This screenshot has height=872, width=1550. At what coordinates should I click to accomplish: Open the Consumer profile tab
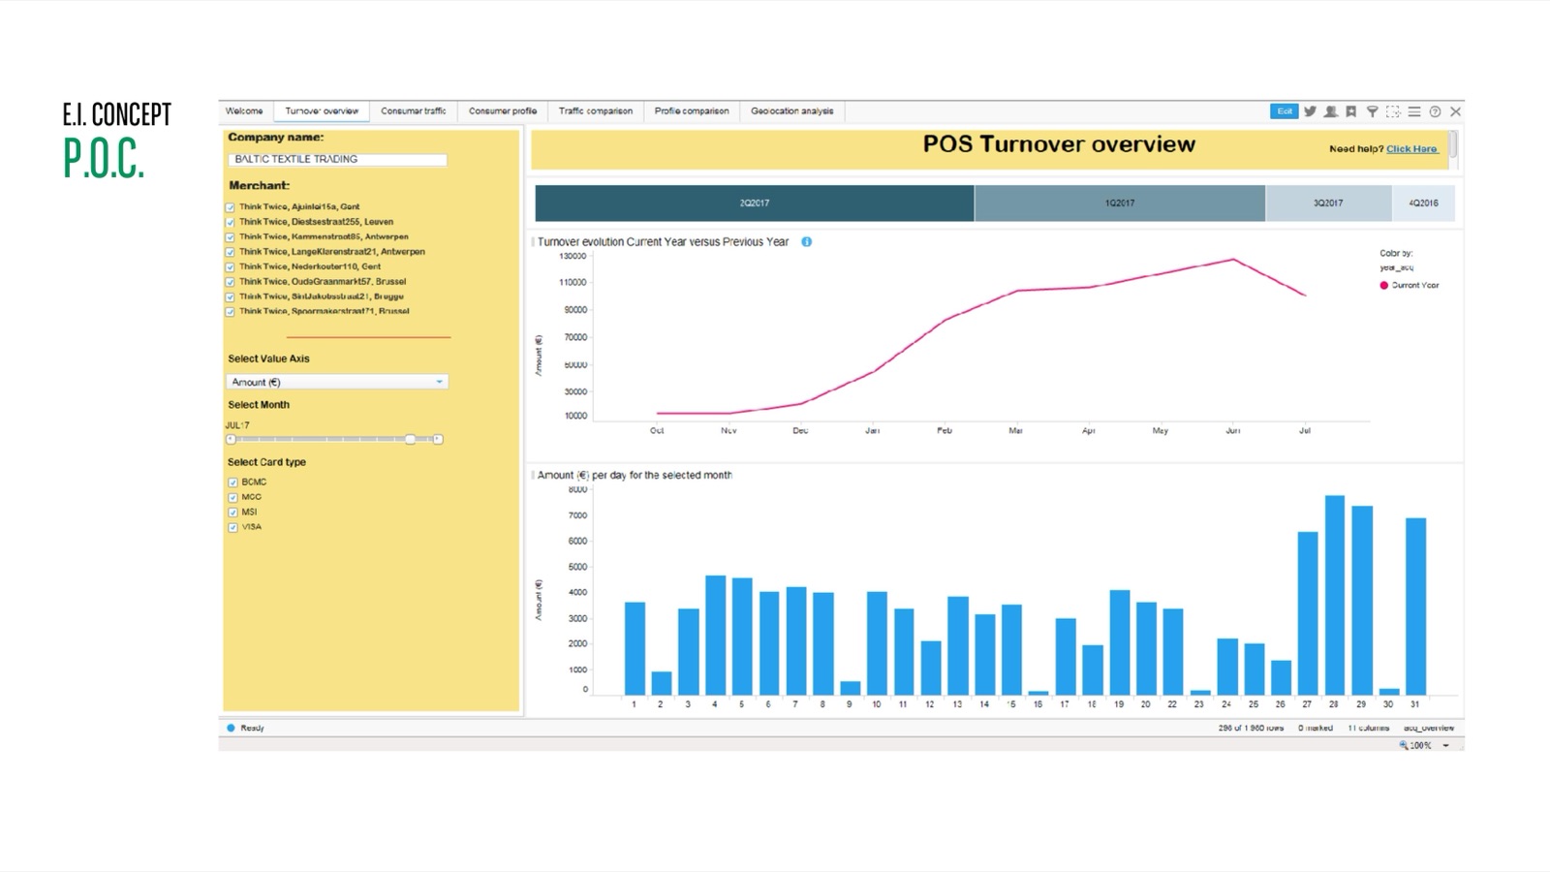tap(502, 111)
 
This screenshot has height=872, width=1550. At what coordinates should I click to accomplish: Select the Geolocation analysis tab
tap(791, 111)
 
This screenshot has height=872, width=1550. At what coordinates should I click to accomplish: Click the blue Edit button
tap(1284, 111)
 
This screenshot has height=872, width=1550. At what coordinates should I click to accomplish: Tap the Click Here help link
tap(1411, 149)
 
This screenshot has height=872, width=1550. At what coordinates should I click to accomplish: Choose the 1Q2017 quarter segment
tap(1119, 203)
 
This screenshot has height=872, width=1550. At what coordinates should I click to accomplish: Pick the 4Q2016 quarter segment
tap(1423, 203)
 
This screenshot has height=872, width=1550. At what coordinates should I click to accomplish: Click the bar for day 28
tap(1334, 595)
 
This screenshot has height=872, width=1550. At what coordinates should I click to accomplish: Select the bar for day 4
tap(715, 635)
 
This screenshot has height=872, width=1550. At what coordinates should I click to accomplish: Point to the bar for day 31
tap(1415, 606)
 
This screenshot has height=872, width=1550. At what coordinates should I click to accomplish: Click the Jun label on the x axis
tap(1232, 430)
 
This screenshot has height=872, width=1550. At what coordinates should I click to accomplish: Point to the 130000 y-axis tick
tap(573, 257)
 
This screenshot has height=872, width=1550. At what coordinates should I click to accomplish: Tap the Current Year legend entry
tap(1414, 286)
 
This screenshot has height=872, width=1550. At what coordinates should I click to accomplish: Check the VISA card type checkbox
tap(233, 528)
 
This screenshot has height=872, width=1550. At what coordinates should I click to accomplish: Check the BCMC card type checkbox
tap(233, 483)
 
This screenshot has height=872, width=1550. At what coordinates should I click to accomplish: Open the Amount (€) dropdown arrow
tap(439, 382)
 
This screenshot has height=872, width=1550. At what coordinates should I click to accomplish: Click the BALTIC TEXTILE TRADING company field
tap(337, 160)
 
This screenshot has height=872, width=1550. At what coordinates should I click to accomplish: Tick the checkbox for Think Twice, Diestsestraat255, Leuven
tap(231, 223)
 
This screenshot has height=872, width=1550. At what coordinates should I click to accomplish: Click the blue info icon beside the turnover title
tap(806, 242)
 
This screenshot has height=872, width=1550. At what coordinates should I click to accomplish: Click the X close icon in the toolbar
tap(1455, 112)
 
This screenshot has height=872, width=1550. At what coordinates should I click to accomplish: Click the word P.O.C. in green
tap(104, 159)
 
